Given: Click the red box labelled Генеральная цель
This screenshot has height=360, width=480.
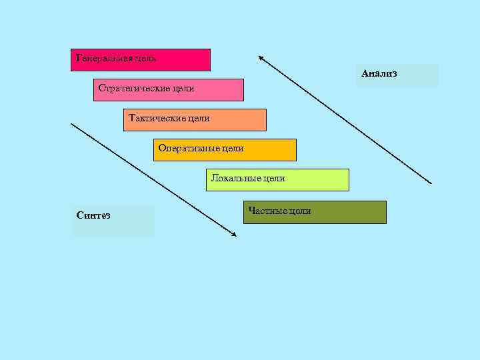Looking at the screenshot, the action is tap(140, 60).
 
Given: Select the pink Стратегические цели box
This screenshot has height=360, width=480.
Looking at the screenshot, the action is tap(169, 90).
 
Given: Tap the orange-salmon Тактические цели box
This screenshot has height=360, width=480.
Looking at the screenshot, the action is tap(195, 120).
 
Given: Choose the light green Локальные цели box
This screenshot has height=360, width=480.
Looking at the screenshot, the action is tap(277, 180).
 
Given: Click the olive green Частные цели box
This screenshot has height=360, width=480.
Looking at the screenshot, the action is tap(315, 213).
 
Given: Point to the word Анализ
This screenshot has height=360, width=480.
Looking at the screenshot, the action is tap(379, 73).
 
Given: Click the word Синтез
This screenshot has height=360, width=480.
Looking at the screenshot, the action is tap(93, 215).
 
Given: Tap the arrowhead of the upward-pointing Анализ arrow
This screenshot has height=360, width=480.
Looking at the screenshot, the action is tap(261, 57).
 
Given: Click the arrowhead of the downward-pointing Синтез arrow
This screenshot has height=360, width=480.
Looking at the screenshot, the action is tap(234, 235).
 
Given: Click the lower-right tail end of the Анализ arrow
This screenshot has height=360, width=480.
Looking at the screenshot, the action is tap(431, 183).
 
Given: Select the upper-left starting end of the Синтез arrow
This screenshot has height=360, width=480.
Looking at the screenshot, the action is tap(72, 124).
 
